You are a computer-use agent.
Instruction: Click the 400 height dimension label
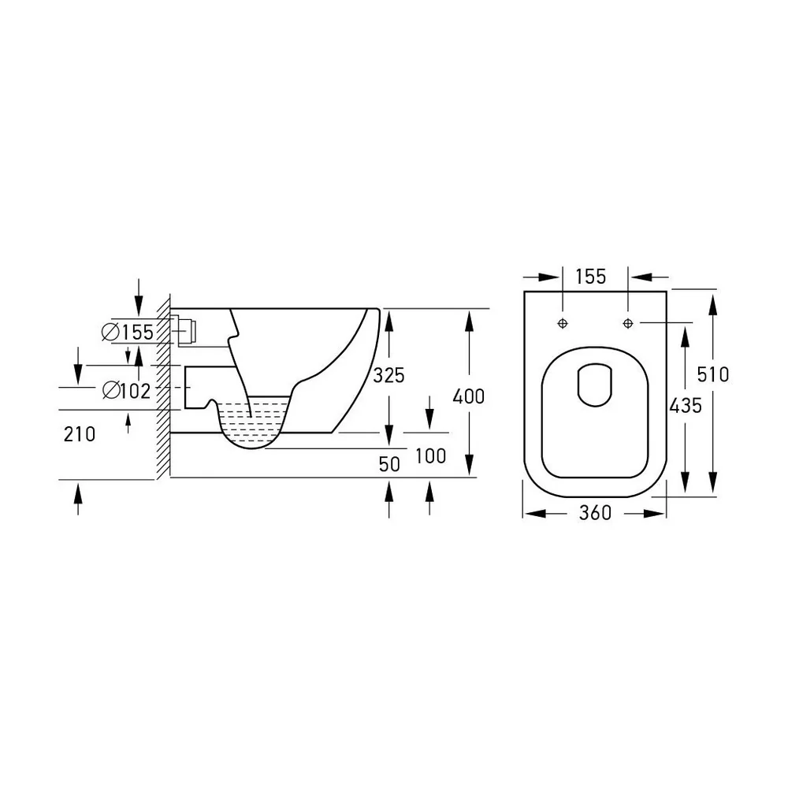pos(468,396)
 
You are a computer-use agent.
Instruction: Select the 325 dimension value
pos(388,375)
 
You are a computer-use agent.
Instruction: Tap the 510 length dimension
pos(713,374)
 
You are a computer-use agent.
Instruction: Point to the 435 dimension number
pos(686,406)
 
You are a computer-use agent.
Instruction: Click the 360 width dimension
pos(595,513)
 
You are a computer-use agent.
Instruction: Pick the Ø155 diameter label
pos(128,333)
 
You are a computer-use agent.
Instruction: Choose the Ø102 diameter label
pos(127,391)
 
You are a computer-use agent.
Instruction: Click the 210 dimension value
pos(80,434)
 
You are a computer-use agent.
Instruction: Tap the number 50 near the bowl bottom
pos(389,464)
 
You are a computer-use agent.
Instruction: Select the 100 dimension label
pos(431,456)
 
